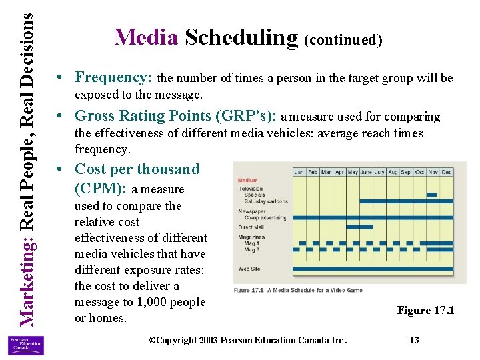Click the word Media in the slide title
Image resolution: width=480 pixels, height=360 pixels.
click(x=146, y=37)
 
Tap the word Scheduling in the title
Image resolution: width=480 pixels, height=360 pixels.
click(x=241, y=37)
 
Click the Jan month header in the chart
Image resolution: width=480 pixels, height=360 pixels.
click(x=300, y=172)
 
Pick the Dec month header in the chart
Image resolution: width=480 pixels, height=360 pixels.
click(x=446, y=172)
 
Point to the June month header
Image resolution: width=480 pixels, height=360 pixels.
click(x=366, y=172)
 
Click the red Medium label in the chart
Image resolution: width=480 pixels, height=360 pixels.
click(x=247, y=180)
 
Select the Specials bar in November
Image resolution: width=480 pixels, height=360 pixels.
click(x=431, y=195)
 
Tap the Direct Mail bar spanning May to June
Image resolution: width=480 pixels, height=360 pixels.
click(x=360, y=227)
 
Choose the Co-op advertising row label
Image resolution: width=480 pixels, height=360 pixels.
click(x=265, y=218)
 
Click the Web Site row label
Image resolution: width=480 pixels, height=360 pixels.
click(x=249, y=269)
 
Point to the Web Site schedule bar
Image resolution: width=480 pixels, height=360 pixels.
click(x=373, y=269)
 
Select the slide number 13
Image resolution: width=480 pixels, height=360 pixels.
click(x=414, y=340)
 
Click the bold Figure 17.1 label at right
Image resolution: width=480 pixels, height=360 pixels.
click(x=425, y=310)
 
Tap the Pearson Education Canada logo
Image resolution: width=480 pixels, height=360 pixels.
click(x=25, y=345)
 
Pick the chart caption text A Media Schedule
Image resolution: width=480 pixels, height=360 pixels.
click(x=299, y=290)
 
